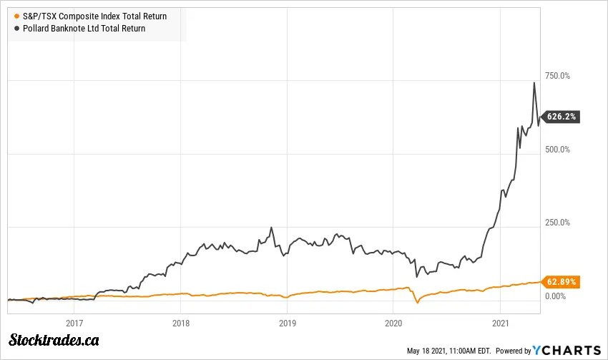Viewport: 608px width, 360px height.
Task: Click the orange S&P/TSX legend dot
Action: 16,16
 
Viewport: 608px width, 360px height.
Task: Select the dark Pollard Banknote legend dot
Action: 16,29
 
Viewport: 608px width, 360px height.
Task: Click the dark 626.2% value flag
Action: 562,117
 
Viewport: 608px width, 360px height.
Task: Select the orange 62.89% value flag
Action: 562,281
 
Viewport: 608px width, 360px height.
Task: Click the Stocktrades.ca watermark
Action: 54,340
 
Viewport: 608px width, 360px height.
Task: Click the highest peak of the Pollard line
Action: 534,83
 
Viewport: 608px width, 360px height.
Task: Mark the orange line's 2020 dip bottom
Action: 418,303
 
